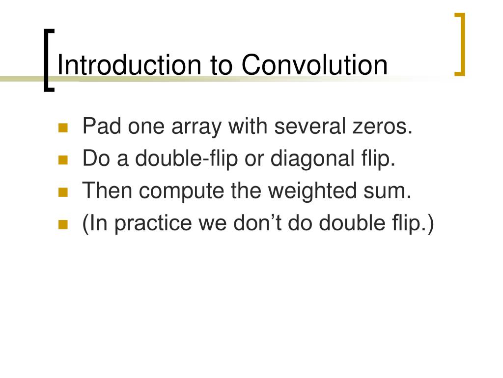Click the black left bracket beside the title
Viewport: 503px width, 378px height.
pos(49,61)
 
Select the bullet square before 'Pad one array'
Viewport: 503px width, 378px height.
pos(63,127)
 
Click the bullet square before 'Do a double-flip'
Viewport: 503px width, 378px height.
pos(63,160)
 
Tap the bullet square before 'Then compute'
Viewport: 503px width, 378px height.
pos(63,192)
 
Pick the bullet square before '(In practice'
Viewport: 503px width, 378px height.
pos(63,224)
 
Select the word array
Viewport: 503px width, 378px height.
pos(196,127)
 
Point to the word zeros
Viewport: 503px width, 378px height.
pos(382,126)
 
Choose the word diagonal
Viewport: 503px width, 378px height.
pos(312,159)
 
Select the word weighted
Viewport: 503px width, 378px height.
pos(312,191)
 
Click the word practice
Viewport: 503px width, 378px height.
pos(153,224)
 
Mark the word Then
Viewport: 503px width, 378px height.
pos(107,190)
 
